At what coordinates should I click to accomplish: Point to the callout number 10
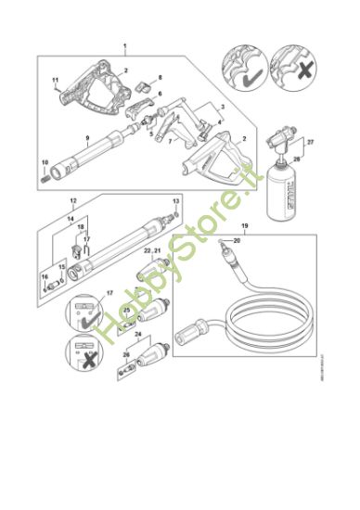pos(45,162)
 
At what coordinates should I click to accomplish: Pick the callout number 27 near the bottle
pos(311,142)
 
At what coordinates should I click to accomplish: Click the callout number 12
pos(73,201)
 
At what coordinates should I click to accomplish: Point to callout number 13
pos(176,201)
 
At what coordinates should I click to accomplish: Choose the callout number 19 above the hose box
pos(244,228)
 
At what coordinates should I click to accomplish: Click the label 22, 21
pos(153,251)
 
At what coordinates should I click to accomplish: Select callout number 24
pos(137,333)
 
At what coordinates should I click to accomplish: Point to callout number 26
pos(127,354)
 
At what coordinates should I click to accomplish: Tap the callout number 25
pos(126,309)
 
